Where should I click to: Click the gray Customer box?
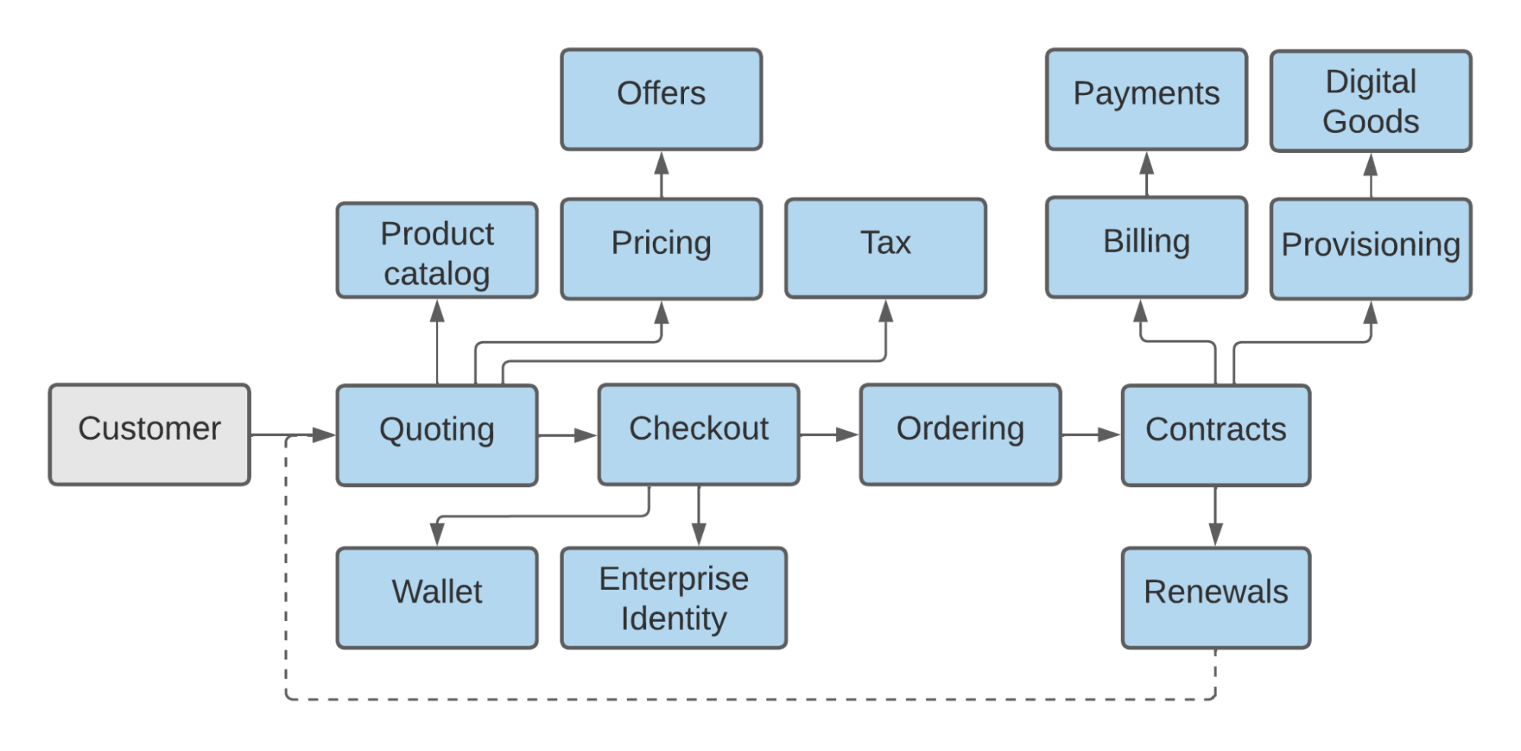point(149,434)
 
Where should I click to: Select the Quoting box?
point(437,435)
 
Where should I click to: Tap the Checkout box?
point(698,434)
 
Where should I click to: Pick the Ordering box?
point(960,434)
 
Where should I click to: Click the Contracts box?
point(1216,435)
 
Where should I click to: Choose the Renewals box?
point(1216,597)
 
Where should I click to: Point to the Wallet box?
point(437,597)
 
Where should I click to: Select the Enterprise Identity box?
point(673,597)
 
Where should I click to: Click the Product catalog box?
point(437,250)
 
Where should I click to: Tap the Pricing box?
point(661,249)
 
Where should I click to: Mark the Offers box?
point(661,99)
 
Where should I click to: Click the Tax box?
point(886,248)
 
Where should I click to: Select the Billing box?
point(1147,247)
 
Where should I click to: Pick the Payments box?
point(1147,99)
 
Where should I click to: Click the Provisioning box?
point(1370,249)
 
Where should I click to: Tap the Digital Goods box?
point(1370,100)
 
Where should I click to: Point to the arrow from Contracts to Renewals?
point(1216,516)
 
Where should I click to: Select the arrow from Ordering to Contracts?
point(1090,435)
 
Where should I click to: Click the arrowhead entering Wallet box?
point(437,533)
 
